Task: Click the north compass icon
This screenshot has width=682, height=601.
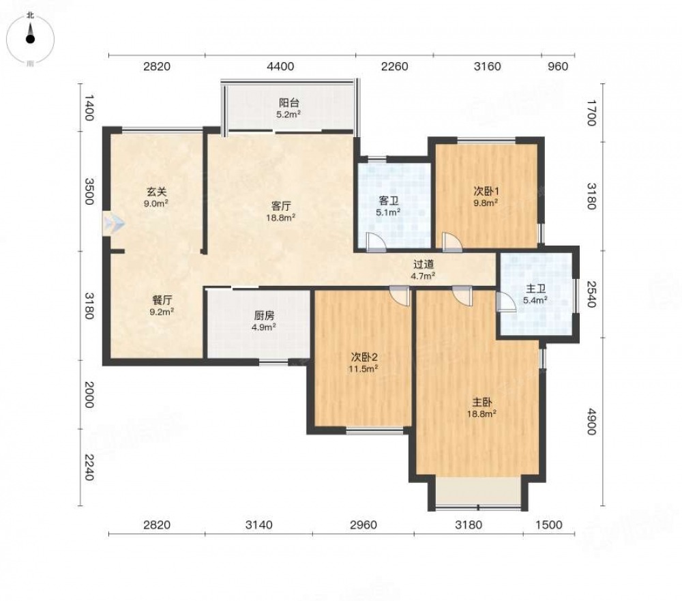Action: (x=30, y=38)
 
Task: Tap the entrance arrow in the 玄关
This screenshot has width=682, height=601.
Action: (x=114, y=223)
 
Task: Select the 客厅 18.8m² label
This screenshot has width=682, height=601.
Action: (x=281, y=211)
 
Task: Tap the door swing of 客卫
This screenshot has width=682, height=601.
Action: (x=376, y=242)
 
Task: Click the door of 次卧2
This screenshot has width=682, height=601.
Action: (x=400, y=296)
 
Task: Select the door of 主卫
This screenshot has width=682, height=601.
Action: (x=505, y=301)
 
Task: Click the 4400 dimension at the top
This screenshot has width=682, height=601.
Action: (x=280, y=67)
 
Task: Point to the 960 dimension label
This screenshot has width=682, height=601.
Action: (x=558, y=67)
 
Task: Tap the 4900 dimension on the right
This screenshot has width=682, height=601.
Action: (x=591, y=422)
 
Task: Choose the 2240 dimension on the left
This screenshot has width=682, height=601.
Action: (x=89, y=467)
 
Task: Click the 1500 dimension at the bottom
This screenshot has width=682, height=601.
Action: (x=549, y=525)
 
